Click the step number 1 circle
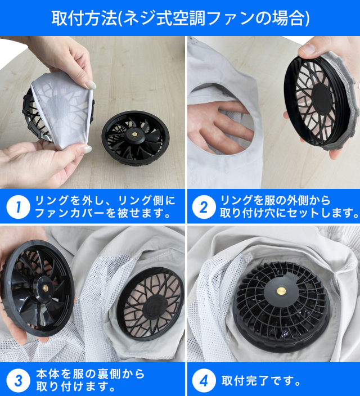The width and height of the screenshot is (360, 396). [18, 207]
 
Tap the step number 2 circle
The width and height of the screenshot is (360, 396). [204, 207]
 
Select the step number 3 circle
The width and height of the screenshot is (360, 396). [18, 381]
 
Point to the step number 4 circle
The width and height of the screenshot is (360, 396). [204, 381]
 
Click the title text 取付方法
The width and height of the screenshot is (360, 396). [84, 18]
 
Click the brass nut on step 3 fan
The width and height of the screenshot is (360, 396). [46, 288]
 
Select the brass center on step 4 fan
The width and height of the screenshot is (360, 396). [281, 291]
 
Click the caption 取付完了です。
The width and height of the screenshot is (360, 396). [261, 381]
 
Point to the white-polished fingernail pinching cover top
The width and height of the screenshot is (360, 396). [91, 85]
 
